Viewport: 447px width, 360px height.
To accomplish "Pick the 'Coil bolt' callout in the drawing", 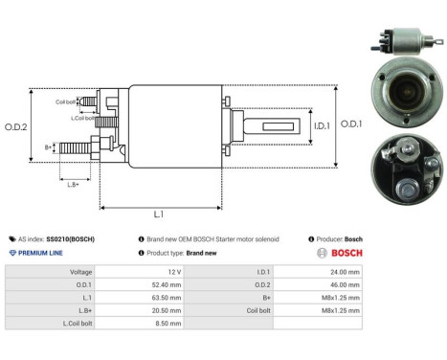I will click(65, 100).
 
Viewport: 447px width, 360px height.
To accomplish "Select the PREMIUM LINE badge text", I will click(40, 253).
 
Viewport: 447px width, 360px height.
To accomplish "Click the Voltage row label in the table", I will click(79, 272).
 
